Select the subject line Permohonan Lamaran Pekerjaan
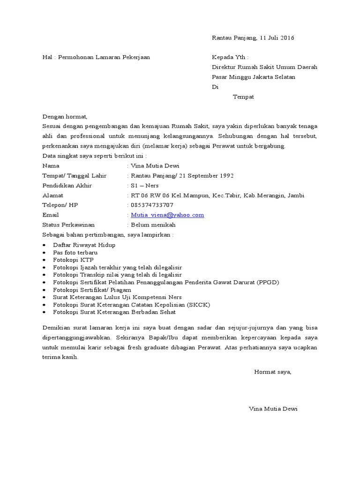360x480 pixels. point(104,57)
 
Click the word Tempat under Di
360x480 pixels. point(243,97)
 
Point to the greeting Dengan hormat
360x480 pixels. point(65,116)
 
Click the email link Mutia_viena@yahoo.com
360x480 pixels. point(167,215)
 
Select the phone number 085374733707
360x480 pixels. point(152,205)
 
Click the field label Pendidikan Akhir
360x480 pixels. point(67,186)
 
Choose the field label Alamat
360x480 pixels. point(52,195)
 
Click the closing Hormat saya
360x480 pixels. point(272,372)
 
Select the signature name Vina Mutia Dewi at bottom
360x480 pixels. point(273,409)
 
